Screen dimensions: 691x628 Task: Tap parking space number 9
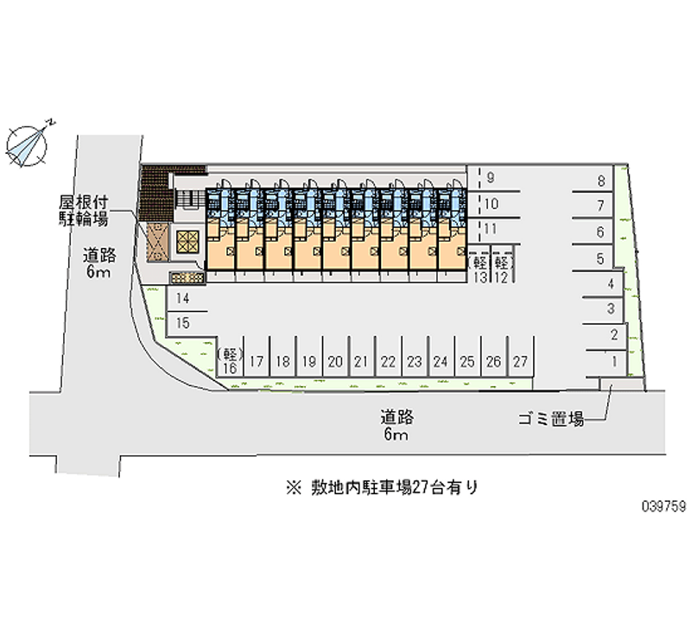[491, 179]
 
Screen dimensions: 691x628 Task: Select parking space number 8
[599, 181]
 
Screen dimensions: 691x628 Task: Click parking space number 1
[612, 361]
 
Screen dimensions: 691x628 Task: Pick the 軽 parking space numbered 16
[230, 360]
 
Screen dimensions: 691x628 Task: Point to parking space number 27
[520, 361]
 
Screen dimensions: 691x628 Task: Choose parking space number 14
[183, 298]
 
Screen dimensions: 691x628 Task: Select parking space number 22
[389, 361]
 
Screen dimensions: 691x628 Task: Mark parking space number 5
[599, 257]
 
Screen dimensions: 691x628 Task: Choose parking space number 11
[491, 229]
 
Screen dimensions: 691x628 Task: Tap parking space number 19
[309, 361]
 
